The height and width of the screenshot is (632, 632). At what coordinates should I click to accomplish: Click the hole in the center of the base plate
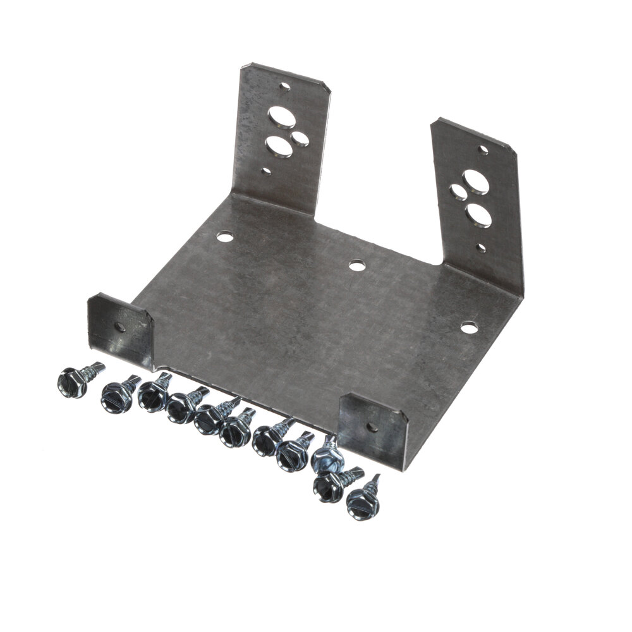tap(358, 265)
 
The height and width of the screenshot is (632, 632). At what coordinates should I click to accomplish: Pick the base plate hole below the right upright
tap(468, 327)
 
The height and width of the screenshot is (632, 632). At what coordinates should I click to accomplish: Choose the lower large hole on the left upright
tap(279, 148)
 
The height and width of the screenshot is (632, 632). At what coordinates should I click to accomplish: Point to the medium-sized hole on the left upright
tap(301, 137)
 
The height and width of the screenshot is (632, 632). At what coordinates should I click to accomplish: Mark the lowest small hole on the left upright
tap(267, 171)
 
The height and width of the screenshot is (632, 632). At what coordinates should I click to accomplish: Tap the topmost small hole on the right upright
tap(483, 150)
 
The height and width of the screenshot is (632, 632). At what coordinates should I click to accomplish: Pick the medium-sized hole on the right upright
tap(456, 192)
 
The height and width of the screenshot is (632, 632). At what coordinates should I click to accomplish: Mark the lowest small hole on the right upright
tap(482, 248)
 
